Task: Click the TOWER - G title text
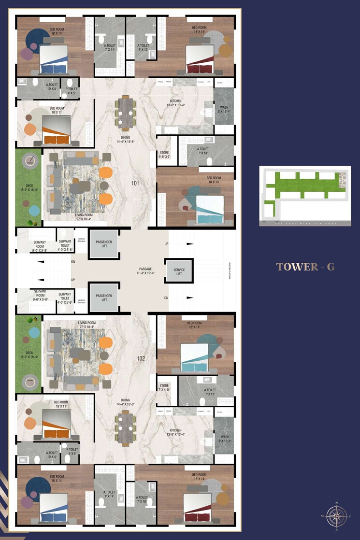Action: click(305, 267)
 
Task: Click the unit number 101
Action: click(135, 184)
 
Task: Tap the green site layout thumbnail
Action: click(304, 197)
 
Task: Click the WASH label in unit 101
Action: click(224, 110)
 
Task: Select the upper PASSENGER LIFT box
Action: click(104, 244)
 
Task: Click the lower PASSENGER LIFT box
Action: click(104, 298)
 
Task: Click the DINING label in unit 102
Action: click(126, 402)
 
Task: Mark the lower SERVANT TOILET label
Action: click(65, 298)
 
